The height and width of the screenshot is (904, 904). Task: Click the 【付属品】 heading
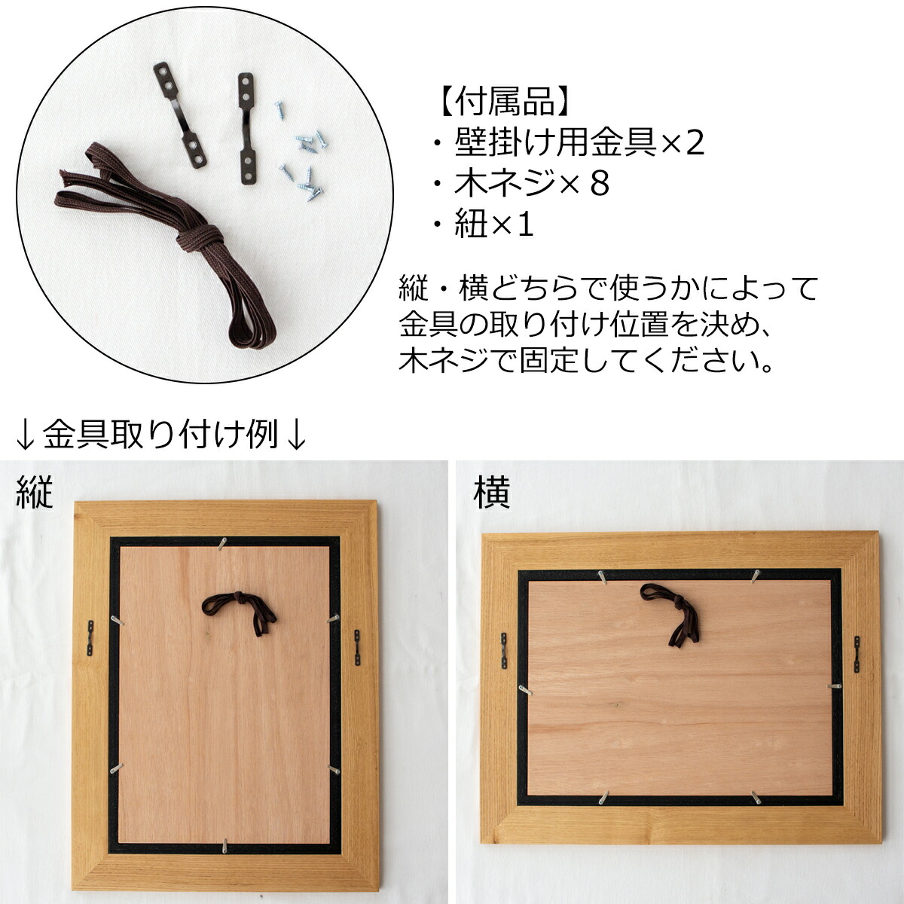click(x=505, y=101)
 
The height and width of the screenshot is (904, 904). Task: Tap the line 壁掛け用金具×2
click(x=569, y=142)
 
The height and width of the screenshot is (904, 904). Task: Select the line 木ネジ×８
click(x=521, y=183)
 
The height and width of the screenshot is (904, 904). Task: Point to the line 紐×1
click(x=483, y=224)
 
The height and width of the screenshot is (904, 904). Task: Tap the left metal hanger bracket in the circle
click(x=180, y=115)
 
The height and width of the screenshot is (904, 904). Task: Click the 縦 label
click(x=34, y=492)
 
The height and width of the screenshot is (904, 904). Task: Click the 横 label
click(x=492, y=493)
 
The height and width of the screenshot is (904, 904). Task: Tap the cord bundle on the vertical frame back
click(x=239, y=613)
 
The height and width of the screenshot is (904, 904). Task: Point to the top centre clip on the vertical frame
click(x=224, y=543)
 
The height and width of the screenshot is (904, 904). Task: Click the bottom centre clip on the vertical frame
click(x=226, y=834)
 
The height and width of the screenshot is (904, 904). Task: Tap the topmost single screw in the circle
click(x=279, y=109)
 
